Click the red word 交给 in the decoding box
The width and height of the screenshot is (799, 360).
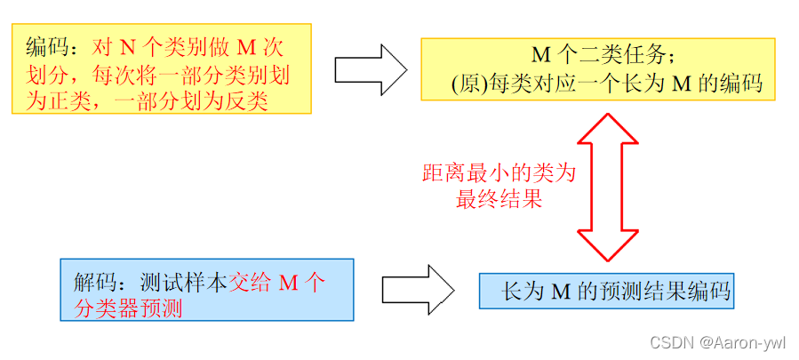coord(251,284)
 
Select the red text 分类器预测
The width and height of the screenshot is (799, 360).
coord(128,309)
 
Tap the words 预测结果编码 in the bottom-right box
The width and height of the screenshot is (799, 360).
coord(664,291)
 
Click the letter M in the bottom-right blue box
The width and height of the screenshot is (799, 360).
coord(559,291)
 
